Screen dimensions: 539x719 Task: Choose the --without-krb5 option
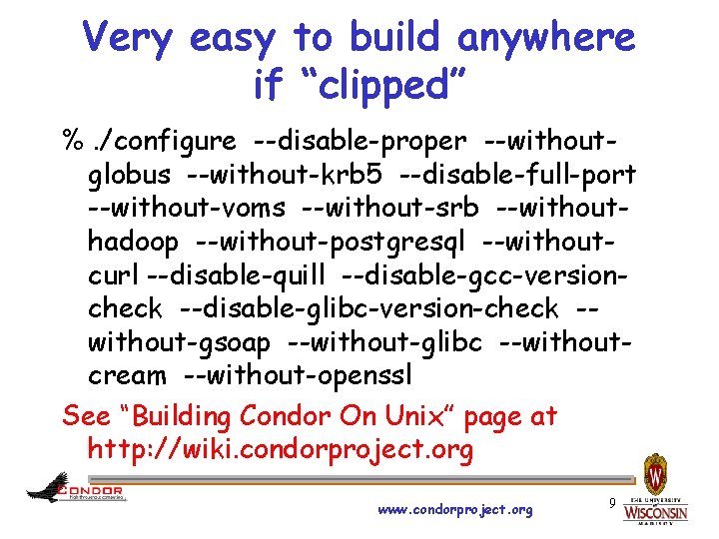[284, 176]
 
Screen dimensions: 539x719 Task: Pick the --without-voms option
[187, 209]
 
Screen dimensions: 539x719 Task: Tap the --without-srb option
[392, 209]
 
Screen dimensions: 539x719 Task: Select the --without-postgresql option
[332, 243]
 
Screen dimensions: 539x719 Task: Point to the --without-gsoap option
[180, 343]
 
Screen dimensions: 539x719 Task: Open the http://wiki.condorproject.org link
[281, 449]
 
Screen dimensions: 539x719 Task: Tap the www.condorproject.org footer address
[455, 510]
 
